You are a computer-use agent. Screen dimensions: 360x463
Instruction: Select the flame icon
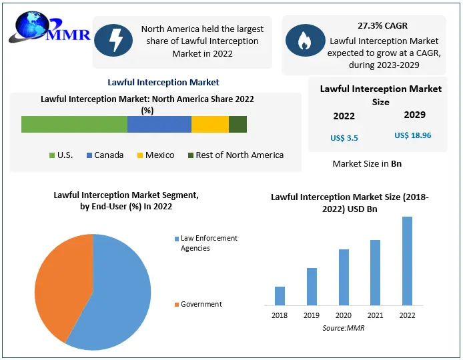pyautogui.click(x=305, y=40)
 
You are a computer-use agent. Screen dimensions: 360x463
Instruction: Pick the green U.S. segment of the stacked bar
pyautogui.click(x=74, y=125)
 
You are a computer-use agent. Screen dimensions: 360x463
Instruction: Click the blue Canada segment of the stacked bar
pyautogui.click(x=159, y=125)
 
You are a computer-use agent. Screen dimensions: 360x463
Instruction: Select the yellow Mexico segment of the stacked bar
pyautogui.click(x=209, y=125)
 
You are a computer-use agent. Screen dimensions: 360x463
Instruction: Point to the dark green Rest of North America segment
pyautogui.click(x=238, y=125)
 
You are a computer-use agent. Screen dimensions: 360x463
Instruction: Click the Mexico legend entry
pyautogui.click(x=155, y=155)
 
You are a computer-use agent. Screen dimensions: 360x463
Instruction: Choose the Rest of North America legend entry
pyautogui.click(x=235, y=155)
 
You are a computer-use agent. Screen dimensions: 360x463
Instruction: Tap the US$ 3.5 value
pyautogui.click(x=344, y=138)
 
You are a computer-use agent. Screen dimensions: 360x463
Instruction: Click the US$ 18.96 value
pyautogui.click(x=413, y=135)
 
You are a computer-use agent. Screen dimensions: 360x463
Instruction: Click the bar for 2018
pyautogui.click(x=280, y=296)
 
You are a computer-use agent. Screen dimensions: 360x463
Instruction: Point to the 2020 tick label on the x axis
pyautogui.click(x=343, y=315)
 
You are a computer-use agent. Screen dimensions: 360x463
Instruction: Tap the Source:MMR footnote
pyautogui.click(x=344, y=328)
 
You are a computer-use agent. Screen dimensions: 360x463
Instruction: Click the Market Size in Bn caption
pyautogui.click(x=367, y=163)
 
